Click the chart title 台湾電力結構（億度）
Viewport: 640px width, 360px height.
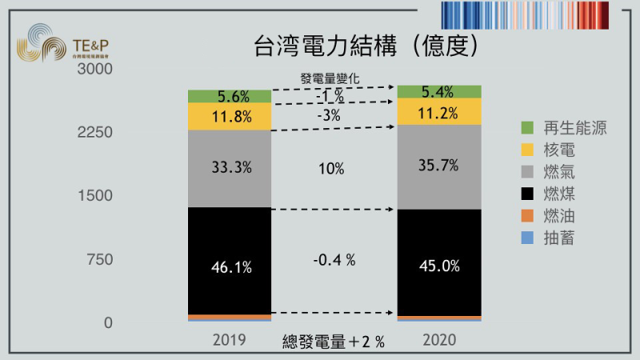point(367,44)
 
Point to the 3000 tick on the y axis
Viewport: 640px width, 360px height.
point(95,70)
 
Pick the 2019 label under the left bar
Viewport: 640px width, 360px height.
point(230,340)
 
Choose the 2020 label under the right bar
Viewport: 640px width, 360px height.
point(438,340)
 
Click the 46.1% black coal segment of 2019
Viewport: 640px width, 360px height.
point(230,267)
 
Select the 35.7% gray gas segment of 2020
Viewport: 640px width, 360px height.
point(439,166)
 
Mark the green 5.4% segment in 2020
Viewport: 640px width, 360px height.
point(439,92)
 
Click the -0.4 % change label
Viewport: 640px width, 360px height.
point(334,260)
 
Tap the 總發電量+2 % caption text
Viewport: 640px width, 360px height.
point(334,342)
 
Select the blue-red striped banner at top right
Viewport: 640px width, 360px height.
point(537,14)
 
